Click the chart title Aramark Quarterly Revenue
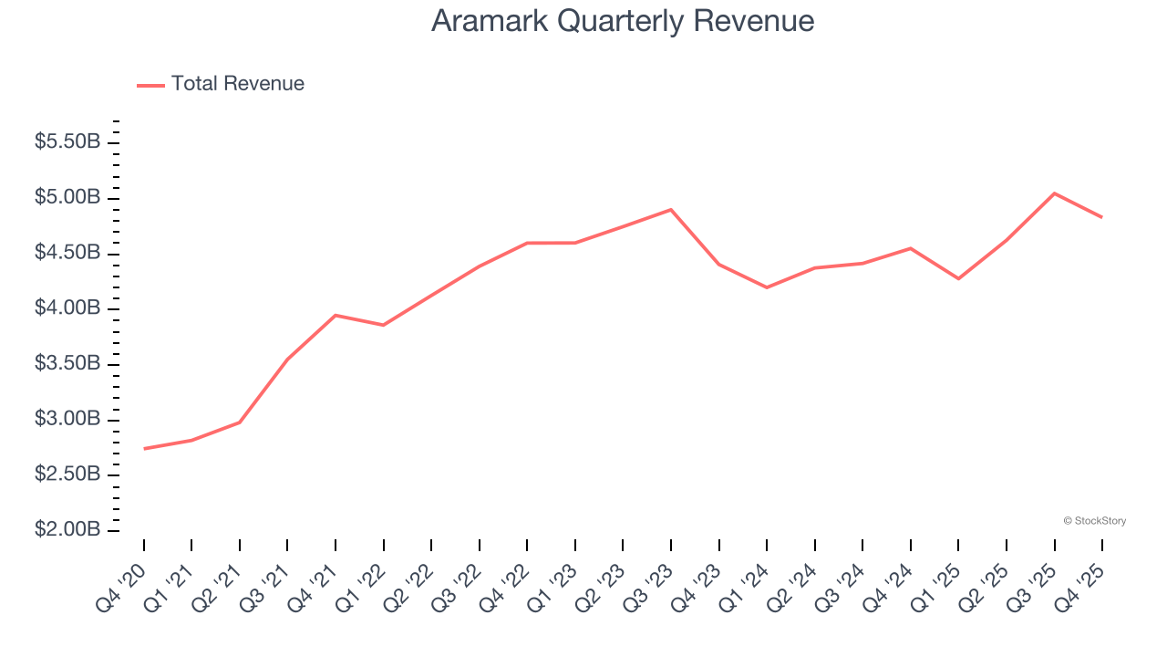[622, 21]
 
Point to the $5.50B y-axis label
[67, 142]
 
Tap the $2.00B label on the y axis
[67, 530]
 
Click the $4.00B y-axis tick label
[67, 308]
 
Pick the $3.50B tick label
[67, 364]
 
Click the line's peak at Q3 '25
[1054, 193]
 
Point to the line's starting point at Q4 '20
[144, 449]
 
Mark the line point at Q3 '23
[671, 210]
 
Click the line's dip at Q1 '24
[767, 287]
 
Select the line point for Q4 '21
[336, 315]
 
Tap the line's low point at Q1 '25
[958, 278]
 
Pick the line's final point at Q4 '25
[1101, 217]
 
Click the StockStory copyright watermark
[1094, 521]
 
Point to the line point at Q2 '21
[240, 422]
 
